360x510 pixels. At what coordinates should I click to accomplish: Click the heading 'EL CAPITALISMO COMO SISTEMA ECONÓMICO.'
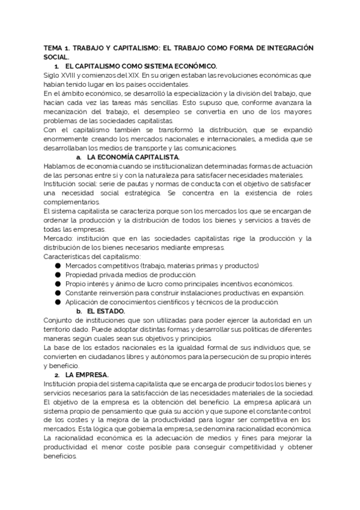141,66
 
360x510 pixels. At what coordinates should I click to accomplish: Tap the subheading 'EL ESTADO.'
105,311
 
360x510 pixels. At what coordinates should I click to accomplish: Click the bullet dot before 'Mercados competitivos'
58,265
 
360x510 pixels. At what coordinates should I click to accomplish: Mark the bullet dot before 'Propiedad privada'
58,274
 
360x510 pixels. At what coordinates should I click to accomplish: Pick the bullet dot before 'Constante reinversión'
58,292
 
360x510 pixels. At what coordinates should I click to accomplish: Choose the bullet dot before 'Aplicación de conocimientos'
58,301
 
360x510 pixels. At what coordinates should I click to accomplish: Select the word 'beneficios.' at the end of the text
61,456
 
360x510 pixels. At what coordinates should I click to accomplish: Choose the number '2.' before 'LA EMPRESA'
57,375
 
